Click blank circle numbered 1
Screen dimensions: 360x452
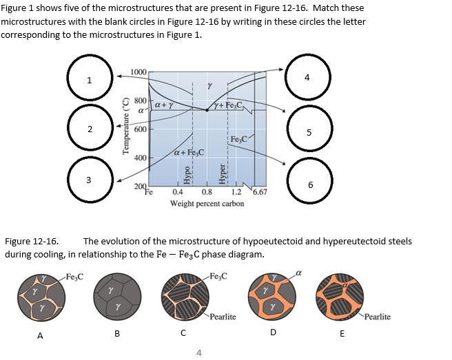click(x=89, y=80)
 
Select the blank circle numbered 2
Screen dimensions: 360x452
click(x=89, y=129)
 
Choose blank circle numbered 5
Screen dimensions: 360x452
click(x=309, y=132)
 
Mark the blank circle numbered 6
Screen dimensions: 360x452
click(x=310, y=184)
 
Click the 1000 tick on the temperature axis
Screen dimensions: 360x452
click(x=138, y=72)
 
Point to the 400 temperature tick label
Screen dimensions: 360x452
click(x=139, y=158)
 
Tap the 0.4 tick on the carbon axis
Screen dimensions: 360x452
click(x=178, y=193)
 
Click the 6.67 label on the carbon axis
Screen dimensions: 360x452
click(x=260, y=193)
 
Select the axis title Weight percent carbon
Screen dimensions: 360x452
click(x=207, y=204)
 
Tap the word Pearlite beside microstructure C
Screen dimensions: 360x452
click(x=223, y=317)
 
